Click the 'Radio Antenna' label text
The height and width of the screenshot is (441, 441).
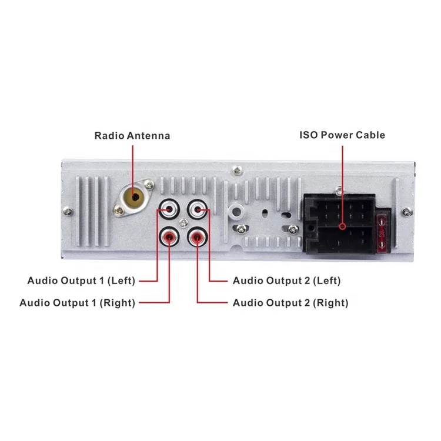[x=132, y=136]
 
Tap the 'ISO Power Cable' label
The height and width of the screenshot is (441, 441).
[x=342, y=135]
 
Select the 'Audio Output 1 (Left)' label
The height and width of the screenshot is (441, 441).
[x=81, y=280]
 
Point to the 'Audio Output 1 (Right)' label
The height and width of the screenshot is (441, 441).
[x=77, y=303]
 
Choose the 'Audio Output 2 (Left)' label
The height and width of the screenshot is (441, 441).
[x=286, y=280]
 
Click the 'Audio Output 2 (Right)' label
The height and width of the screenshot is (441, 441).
[x=290, y=303]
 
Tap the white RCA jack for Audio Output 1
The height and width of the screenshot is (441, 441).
[x=169, y=208]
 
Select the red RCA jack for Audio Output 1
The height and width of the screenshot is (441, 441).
[x=169, y=237]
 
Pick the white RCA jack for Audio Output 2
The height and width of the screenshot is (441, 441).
[x=198, y=208]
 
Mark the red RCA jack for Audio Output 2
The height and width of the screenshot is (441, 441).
[x=198, y=237]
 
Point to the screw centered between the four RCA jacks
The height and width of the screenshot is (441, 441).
[x=184, y=223]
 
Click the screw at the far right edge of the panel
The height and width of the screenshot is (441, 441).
[x=406, y=211]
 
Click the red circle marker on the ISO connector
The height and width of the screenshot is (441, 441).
[x=342, y=225]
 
